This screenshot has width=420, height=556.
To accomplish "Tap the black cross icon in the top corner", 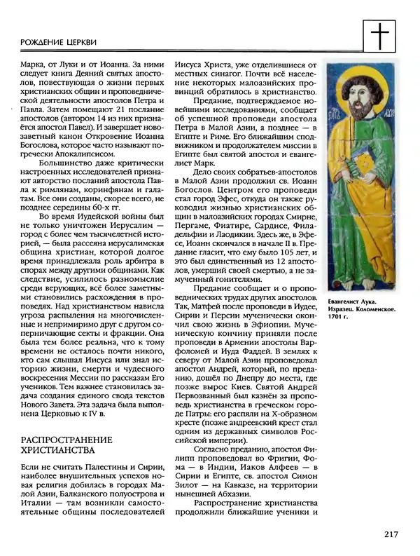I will (379, 34).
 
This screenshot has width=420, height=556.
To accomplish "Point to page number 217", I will (391, 535).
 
